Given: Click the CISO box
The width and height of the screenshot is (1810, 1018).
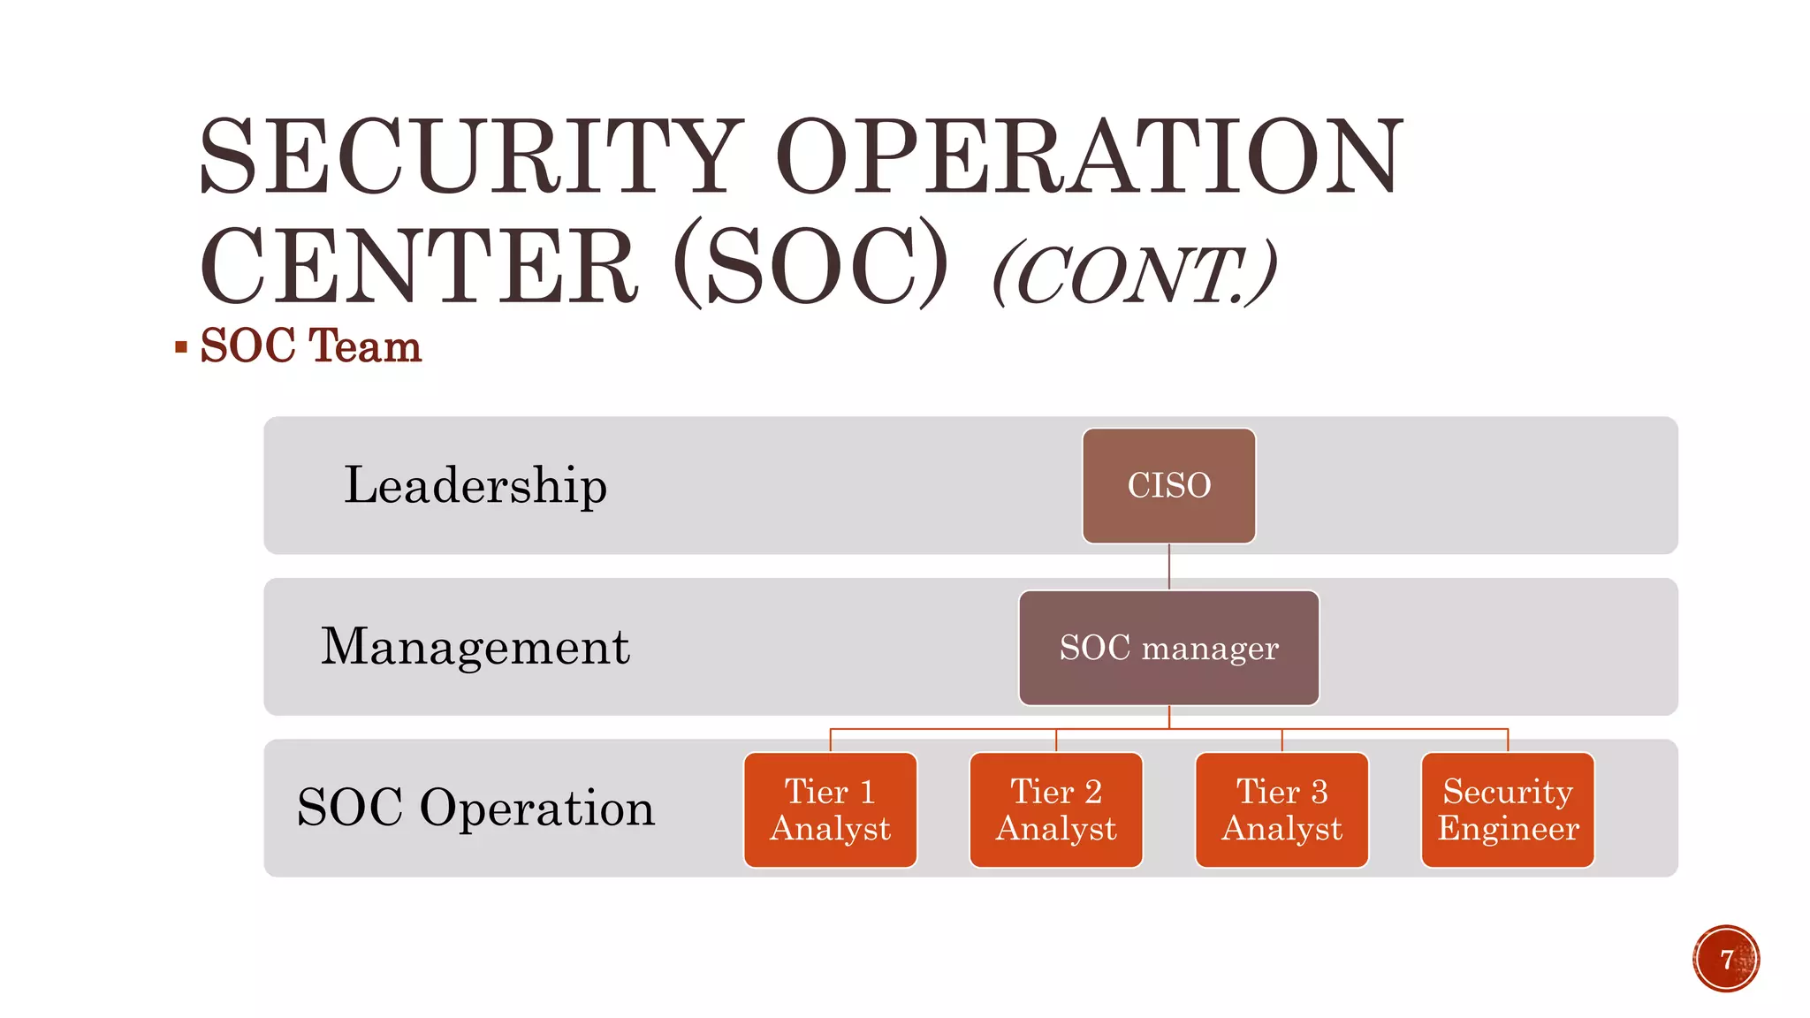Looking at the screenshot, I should coord(1168,485).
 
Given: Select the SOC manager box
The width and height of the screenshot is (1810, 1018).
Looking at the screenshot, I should coord(1168,648).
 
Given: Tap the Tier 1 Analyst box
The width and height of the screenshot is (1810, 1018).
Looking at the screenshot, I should coord(830,809).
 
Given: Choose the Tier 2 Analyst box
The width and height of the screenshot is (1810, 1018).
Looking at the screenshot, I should coord(1056,809).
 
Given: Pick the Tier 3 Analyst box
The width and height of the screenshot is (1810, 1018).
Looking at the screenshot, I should coord(1281,809).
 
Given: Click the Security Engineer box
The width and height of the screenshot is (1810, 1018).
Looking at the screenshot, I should coord(1508,809).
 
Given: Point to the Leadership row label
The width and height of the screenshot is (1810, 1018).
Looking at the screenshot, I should coord(475,485).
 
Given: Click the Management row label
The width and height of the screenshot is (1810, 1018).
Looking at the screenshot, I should coord(475,647).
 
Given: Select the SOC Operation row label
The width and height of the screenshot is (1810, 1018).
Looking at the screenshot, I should coord(475,808).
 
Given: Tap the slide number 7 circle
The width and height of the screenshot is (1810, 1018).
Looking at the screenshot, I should coord(1726,959).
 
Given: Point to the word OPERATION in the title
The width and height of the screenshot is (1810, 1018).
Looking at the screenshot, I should coord(1089,157).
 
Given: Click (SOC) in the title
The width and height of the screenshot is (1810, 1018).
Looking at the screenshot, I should coord(810,266).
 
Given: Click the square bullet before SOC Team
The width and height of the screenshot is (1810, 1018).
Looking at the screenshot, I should coord(181,347).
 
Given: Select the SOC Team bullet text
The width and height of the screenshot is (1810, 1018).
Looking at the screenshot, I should coord(311,346).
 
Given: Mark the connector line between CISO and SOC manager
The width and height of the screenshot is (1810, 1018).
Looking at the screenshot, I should coord(1168,566).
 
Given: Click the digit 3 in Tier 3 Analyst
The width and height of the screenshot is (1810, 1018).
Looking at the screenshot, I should coord(1319,792).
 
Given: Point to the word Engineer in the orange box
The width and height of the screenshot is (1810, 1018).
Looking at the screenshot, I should coord(1508,829).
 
